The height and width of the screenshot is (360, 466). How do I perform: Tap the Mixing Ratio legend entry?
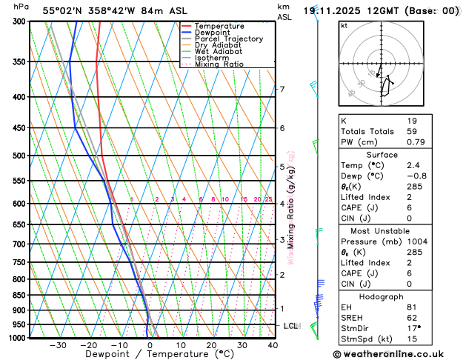tap(219, 64)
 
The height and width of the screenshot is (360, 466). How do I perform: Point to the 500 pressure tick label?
tap(20, 156)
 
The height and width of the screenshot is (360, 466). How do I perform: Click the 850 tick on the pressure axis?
tap(20, 295)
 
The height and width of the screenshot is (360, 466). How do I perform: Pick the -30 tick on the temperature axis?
tap(58, 345)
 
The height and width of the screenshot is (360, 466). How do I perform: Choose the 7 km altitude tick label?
tap(282, 90)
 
